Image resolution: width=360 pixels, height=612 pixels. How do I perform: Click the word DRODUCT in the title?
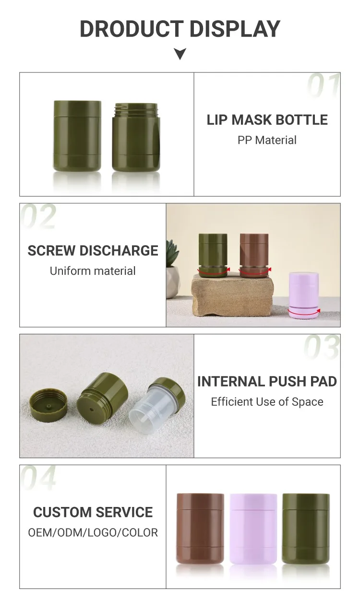coord(132,29)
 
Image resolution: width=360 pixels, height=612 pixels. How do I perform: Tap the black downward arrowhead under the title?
coord(180,53)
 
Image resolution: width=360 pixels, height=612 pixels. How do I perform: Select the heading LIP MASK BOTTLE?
coord(267,120)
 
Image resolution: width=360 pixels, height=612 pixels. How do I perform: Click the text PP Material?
coord(267,140)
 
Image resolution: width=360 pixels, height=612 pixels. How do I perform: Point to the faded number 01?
coord(324,85)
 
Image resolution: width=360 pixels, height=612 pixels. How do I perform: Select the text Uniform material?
coord(93,271)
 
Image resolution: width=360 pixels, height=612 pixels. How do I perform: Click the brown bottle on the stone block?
coord(254,255)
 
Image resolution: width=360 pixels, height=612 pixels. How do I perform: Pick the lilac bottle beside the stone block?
coord(304,294)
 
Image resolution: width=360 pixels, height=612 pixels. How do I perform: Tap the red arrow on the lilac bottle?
coord(304,312)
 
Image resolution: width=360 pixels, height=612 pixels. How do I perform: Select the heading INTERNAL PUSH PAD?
coord(267,381)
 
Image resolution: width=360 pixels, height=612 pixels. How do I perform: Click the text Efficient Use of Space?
coord(267,402)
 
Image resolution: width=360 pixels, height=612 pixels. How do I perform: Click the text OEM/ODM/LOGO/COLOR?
coord(93,533)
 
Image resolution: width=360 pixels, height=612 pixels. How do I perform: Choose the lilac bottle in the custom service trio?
coord(253,529)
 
